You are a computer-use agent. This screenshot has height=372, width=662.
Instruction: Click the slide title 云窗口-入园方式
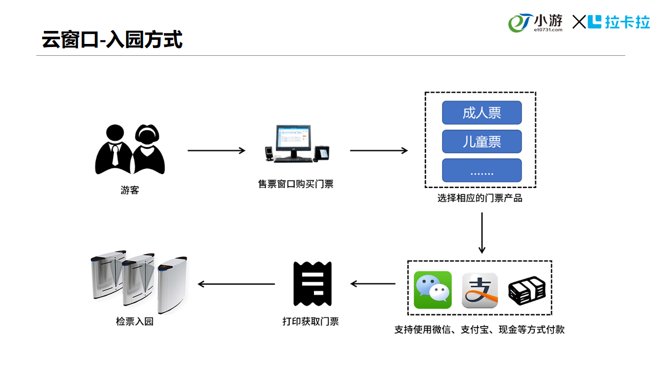tap(112, 40)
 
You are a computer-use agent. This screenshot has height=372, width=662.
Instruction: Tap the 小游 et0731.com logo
tap(536, 23)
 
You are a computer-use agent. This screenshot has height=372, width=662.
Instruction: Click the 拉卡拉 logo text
tap(620, 22)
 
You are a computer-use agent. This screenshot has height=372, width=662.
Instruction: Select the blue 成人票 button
tap(482, 113)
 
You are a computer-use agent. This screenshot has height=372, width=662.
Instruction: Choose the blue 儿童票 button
tap(482, 141)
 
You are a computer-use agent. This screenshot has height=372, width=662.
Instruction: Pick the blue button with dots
tap(482, 171)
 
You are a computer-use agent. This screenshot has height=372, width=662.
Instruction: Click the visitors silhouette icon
tap(130, 149)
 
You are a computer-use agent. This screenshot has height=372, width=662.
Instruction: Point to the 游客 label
tap(130, 190)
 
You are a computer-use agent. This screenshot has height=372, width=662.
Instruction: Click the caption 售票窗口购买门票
tap(296, 184)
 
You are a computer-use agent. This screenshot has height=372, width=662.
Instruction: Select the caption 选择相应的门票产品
tap(480, 198)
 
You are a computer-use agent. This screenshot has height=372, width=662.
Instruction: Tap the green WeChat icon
tap(433, 290)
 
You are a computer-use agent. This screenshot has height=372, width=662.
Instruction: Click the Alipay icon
tap(479, 290)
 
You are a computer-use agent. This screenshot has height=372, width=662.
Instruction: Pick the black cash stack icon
tap(526, 290)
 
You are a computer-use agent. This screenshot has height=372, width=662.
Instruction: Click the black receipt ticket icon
tap(312, 284)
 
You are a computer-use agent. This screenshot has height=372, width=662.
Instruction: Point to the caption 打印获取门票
tap(310, 321)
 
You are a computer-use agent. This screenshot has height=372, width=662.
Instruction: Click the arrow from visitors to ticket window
tap(216, 150)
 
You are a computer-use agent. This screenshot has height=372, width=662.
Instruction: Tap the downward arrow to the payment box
tap(482, 233)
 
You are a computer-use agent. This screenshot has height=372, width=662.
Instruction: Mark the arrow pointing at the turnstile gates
tap(236, 284)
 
